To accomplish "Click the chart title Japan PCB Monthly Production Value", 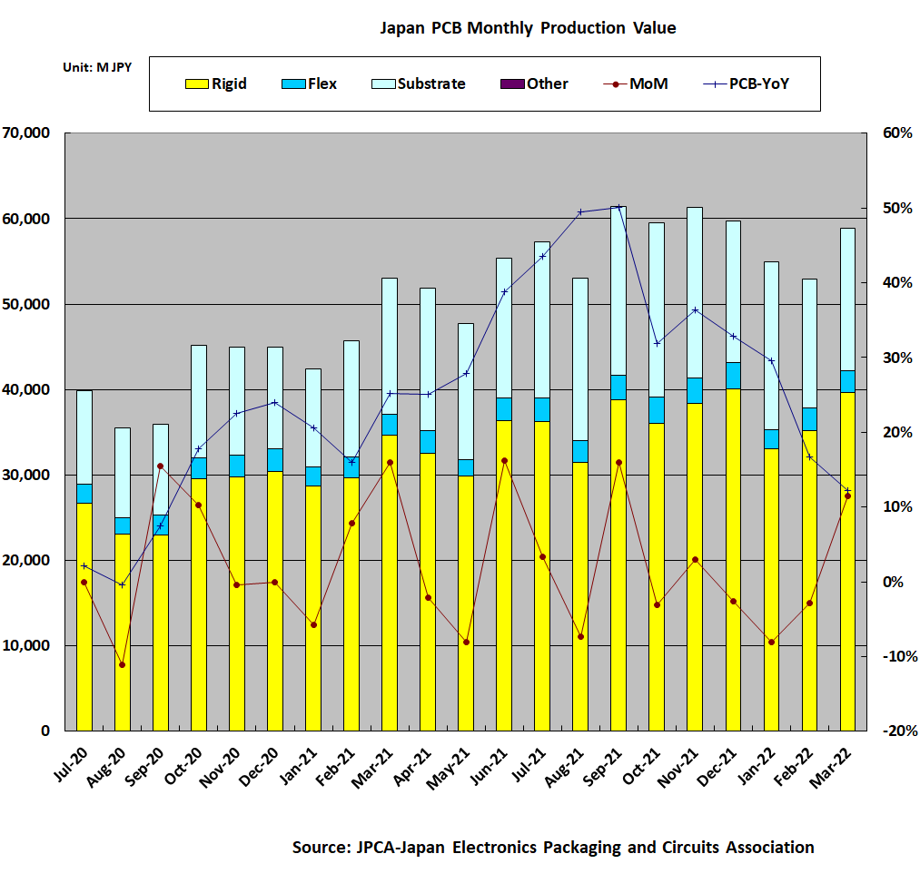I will tap(527, 28).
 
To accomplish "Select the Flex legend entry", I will tap(310, 83).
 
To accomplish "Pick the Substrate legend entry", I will tap(419, 83).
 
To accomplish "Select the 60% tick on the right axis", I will tap(895, 133).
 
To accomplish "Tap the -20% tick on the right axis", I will tap(895, 731).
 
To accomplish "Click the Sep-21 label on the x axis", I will tap(608, 758).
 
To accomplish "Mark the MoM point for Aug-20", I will tap(122, 665).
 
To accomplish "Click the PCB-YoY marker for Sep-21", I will tap(618, 207).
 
